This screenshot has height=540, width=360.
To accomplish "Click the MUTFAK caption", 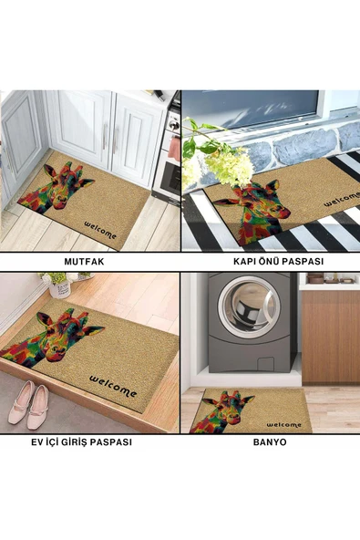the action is (x=84, y=262).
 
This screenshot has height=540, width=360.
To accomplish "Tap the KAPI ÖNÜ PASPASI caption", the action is (x=279, y=262).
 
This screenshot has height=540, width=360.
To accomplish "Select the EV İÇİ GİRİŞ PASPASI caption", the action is (x=81, y=441).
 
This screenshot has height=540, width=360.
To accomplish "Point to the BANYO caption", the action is (x=270, y=441).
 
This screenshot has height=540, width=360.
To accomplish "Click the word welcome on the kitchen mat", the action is (x=100, y=231).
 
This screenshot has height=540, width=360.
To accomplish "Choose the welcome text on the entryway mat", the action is (x=113, y=386).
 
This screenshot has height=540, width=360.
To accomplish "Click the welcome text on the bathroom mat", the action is (x=284, y=425).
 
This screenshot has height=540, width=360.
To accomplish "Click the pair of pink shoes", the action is (x=28, y=406).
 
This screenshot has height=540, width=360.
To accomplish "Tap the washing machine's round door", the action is (x=249, y=307).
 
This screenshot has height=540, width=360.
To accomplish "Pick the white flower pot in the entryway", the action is (x=60, y=288).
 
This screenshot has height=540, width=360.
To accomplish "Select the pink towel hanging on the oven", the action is (x=174, y=149).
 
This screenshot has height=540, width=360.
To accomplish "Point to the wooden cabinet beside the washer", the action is (x=331, y=337).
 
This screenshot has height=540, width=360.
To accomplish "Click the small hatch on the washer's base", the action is (x=266, y=364).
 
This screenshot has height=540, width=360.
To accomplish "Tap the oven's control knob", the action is (x=173, y=125).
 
